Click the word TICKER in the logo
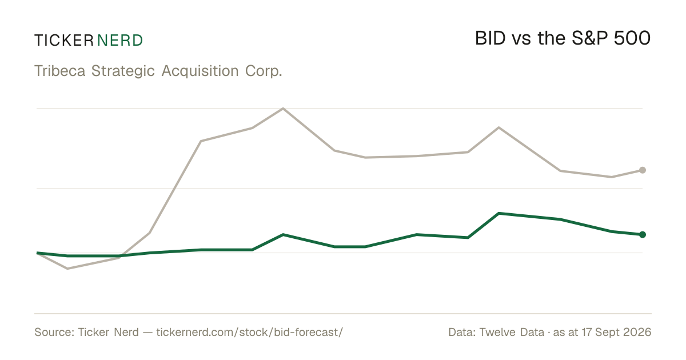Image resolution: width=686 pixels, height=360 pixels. pyautogui.click(x=64, y=41)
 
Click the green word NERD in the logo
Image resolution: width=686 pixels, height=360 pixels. pyautogui.click(x=120, y=41)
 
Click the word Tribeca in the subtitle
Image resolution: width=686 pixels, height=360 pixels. pyautogui.click(x=59, y=71)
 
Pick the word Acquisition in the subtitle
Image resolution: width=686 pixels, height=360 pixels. pyautogui.click(x=200, y=71)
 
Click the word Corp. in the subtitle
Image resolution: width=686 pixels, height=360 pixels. pyautogui.click(x=264, y=71)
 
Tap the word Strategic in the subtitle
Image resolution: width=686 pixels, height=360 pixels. pyautogui.click(x=123, y=71)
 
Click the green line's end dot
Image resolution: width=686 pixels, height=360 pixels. pyautogui.click(x=643, y=234)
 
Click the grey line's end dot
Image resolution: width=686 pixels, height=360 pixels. pyautogui.click(x=643, y=170)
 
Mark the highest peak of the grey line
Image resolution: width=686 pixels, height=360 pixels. pyautogui.click(x=283, y=108)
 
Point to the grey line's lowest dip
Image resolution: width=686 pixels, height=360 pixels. pyautogui.click(x=67, y=269)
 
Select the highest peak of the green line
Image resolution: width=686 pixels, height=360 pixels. pyautogui.click(x=499, y=213)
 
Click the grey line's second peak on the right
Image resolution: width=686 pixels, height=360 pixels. pyautogui.click(x=499, y=127)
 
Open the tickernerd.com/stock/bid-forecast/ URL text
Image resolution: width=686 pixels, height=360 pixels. pyautogui.click(x=250, y=332)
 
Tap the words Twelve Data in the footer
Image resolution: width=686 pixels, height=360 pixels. pyautogui.click(x=512, y=332)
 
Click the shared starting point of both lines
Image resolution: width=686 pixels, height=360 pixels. pyautogui.click(x=37, y=253)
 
